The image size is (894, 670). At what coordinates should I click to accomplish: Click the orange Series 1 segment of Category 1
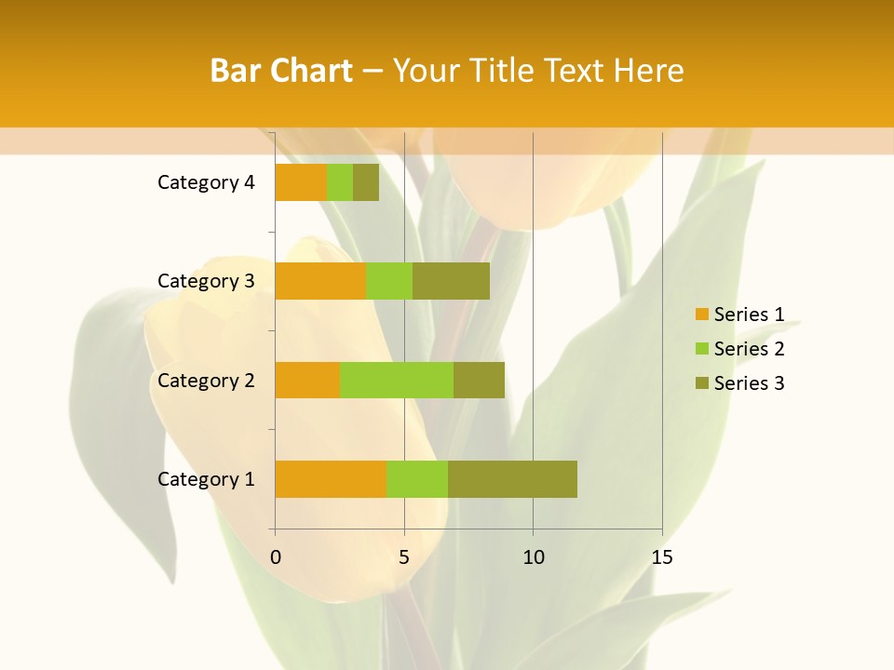pos(331,479)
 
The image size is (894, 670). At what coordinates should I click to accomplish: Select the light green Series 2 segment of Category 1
pos(417,479)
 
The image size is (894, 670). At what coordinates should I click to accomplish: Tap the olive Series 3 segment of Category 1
pos(512,479)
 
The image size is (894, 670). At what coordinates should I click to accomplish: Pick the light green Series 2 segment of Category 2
pos(397,380)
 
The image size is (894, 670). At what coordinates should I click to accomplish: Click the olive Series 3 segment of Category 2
pos(479,380)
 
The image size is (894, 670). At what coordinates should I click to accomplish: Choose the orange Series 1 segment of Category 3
pos(320,281)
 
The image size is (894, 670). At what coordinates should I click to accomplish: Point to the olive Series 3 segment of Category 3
pos(451,281)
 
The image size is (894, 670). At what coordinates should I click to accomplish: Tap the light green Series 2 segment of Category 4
pos(340,182)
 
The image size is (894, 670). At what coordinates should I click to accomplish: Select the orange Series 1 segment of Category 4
pos(301,182)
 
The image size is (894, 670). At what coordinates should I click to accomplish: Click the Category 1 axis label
pos(206,479)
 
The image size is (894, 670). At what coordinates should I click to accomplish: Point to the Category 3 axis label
pos(206,281)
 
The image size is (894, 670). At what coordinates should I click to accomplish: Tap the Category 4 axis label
pos(206,182)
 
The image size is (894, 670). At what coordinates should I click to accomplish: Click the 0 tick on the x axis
pos(276,557)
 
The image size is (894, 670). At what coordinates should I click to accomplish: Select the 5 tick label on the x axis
pos(404,557)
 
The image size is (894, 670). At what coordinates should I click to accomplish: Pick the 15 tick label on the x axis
pos(662,557)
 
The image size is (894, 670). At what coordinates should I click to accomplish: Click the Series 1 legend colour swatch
pos(701,315)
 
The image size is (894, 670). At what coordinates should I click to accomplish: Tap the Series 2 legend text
pos(749,349)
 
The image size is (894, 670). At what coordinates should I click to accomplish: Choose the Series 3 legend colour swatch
pos(701,383)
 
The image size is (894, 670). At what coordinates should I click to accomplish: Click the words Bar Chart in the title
pos(281,71)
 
